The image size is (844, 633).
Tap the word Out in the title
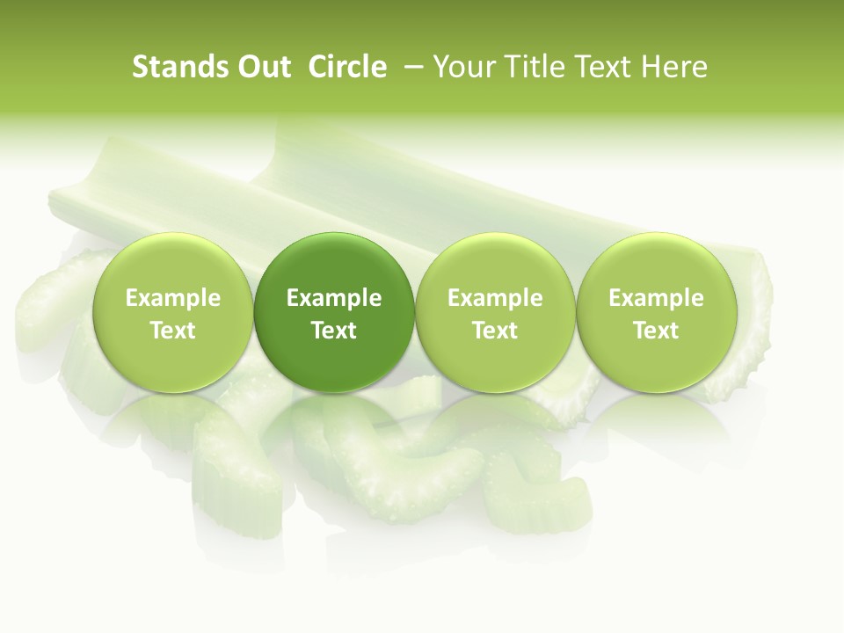261,67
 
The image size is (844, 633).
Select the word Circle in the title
347,67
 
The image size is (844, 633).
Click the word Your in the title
462,67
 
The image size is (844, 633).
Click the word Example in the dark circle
334,298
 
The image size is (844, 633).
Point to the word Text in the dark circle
334,331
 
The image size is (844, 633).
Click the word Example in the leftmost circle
172,298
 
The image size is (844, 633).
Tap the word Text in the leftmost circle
172,331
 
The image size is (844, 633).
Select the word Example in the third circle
495,298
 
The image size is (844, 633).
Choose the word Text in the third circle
495,331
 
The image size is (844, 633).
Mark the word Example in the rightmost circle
656,298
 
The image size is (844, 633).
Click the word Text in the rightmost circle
656,331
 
